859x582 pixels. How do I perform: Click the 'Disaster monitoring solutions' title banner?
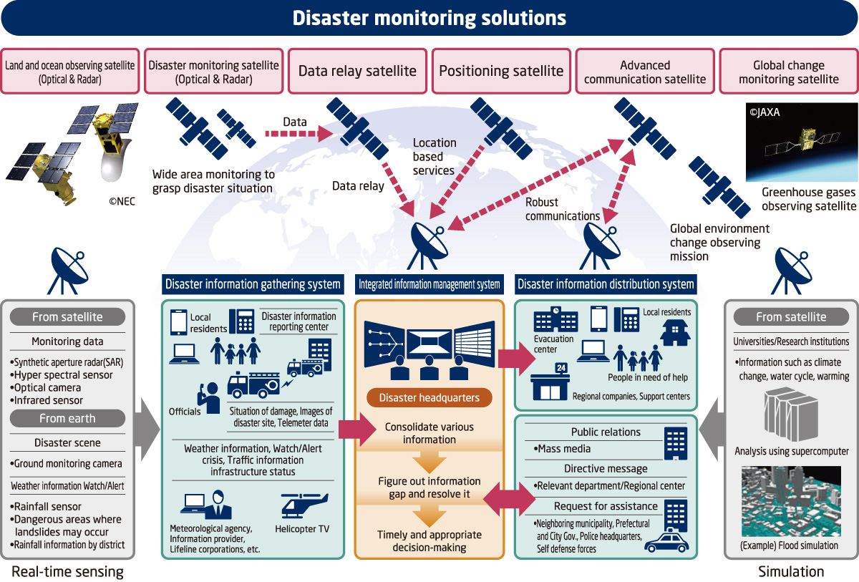429,18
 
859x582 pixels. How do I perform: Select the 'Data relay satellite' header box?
357,71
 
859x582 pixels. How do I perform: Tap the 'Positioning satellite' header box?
501,71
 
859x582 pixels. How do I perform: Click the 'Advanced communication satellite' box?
644,72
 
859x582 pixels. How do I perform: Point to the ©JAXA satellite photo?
801,142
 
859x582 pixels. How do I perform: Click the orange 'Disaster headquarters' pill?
429,397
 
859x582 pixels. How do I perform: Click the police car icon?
666,541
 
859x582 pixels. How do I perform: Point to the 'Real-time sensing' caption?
67,571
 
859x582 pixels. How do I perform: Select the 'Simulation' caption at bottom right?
791,571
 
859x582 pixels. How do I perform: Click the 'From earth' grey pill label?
68,419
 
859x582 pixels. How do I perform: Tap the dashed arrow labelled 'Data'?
295,132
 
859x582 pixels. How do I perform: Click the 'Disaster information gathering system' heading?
253,284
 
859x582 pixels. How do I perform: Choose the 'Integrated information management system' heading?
429,284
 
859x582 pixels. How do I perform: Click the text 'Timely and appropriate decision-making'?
429,541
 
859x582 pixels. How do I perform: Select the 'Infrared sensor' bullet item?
48,400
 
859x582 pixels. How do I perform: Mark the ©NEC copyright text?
121,202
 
